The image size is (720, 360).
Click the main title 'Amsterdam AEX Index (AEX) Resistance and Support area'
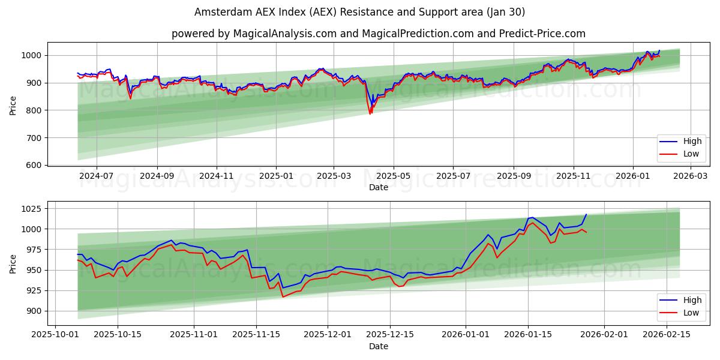[x=360, y=12]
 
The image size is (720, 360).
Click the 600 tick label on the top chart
[x=35, y=165]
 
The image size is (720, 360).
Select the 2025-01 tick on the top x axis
[x=276, y=176]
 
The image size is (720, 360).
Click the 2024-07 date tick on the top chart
[x=96, y=176]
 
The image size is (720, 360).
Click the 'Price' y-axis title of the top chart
[x=13, y=105]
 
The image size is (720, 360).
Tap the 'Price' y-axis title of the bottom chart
[x=13, y=263]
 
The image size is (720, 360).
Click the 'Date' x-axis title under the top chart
[x=378, y=187]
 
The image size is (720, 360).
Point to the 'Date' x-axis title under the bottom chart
[x=378, y=346]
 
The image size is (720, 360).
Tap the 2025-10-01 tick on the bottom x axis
[x=56, y=335]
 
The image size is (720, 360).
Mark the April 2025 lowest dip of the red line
[x=370, y=114]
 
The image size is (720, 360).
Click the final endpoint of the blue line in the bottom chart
[x=586, y=214]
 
